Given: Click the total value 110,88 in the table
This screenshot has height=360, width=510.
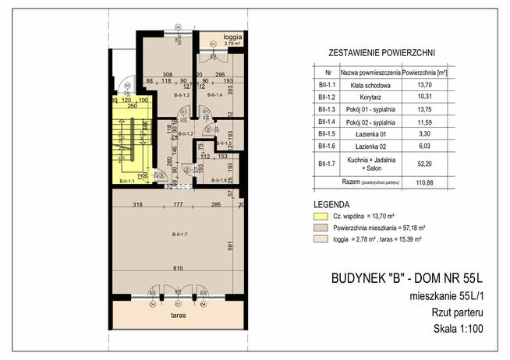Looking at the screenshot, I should (423, 182).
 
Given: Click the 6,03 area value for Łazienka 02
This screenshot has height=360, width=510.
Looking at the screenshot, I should (423, 146).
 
